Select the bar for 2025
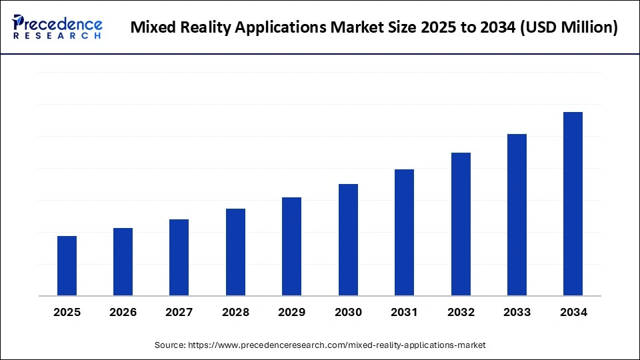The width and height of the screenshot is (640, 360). (67, 265)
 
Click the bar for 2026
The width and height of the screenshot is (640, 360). (123, 261)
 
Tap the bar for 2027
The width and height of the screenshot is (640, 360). (179, 257)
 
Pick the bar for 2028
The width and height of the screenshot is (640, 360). (235, 252)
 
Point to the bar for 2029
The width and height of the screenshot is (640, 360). (291, 246)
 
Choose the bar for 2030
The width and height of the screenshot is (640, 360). (348, 239)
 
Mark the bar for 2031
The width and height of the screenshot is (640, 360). (404, 232)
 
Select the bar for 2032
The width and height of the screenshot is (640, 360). (461, 224)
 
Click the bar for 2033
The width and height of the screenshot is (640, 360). (517, 215)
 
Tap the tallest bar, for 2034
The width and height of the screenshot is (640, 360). (573, 203)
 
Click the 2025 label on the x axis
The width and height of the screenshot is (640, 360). (67, 312)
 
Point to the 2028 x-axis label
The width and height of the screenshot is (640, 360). (235, 312)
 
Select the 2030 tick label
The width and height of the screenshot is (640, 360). (348, 312)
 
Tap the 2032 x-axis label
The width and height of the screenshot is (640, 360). (461, 312)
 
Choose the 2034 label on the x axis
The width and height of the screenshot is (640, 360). (573, 312)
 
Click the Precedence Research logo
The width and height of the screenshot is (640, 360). (57, 27)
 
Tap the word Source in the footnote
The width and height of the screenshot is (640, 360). (170, 345)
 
